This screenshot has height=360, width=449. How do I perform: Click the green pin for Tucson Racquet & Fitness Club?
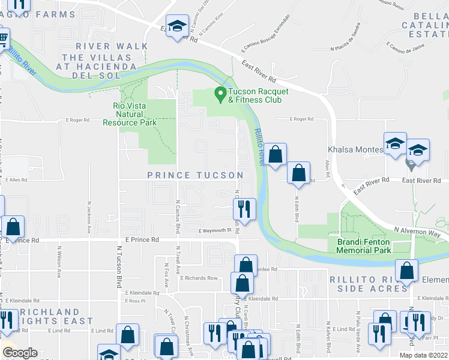pyautogui.click(x=220, y=94)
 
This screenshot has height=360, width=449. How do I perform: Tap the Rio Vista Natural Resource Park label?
pyautogui.click(x=134, y=114)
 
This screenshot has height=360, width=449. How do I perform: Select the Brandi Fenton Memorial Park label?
pyautogui.click(x=360, y=246)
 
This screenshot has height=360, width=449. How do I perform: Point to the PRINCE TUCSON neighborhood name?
pyautogui.click(x=196, y=175)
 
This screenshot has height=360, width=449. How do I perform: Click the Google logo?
pyautogui.click(x=19, y=353)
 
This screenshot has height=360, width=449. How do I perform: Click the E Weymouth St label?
pyautogui.click(x=215, y=229)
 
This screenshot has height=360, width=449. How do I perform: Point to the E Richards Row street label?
pyautogui.click(x=199, y=278)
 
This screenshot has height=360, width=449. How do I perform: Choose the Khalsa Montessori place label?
pyautogui.click(x=355, y=149)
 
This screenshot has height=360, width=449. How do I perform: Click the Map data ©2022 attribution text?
pyautogui.click(x=423, y=355)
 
